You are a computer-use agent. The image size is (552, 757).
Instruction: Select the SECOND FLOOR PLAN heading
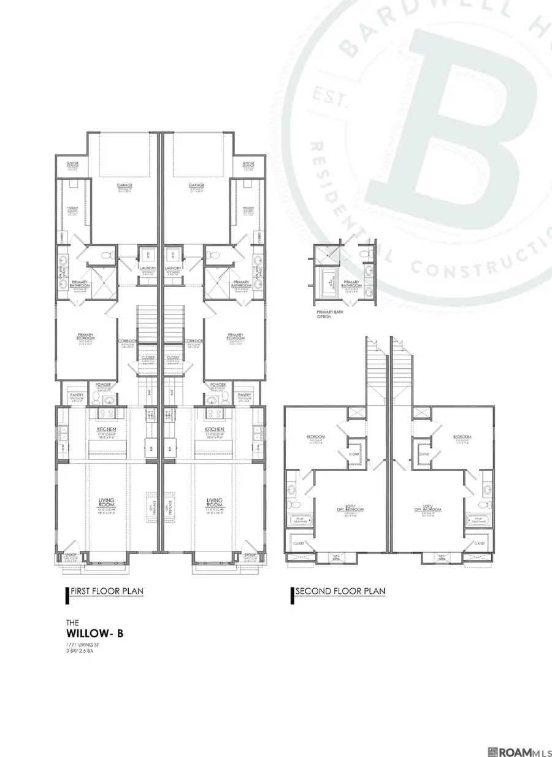point(339,591)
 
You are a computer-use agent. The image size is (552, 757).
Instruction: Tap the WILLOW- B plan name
point(94,633)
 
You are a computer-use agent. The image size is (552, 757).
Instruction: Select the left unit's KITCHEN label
point(108,429)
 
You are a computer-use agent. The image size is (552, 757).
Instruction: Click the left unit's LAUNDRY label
point(148,268)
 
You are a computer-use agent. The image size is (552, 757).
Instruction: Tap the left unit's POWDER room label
point(99,385)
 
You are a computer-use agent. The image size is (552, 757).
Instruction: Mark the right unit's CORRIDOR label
point(194,340)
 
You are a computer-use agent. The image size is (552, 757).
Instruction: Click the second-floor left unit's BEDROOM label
point(315,437)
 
